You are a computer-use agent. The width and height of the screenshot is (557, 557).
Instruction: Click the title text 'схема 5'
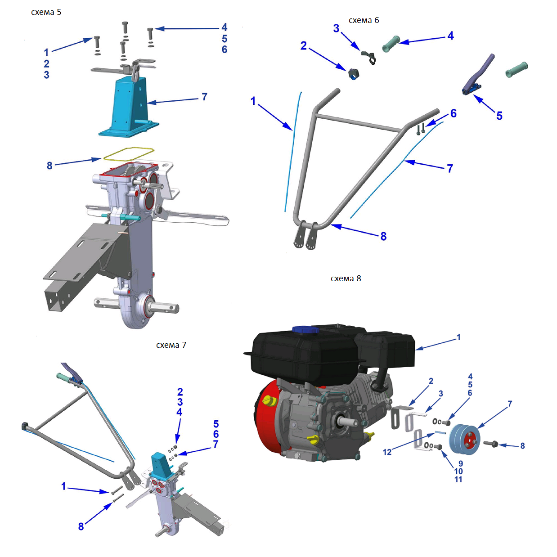[x=46, y=12]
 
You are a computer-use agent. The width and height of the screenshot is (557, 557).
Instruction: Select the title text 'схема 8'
[x=346, y=278]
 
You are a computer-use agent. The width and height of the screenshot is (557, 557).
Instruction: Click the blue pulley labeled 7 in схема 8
[x=464, y=440]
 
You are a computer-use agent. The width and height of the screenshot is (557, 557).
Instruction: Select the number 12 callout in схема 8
[x=387, y=452]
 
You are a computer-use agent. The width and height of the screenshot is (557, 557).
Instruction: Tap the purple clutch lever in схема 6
[x=478, y=74]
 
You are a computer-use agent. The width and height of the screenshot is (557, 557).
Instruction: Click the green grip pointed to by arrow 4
[x=391, y=44]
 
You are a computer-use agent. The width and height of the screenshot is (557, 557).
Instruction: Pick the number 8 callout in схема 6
[x=384, y=237]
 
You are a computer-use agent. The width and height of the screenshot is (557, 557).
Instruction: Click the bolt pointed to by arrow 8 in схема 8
[x=490, y=444]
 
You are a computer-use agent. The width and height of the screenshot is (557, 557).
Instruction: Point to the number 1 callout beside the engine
[x=458, y=337]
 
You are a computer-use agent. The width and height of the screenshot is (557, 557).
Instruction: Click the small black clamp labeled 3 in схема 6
[x=368, y=57]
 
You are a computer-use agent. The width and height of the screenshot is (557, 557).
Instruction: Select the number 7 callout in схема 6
[x=450, y=169]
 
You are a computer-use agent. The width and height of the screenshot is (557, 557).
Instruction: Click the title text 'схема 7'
[x=171, y=345]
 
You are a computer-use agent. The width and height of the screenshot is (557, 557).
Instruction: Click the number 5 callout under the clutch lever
[x=499, y=116]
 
